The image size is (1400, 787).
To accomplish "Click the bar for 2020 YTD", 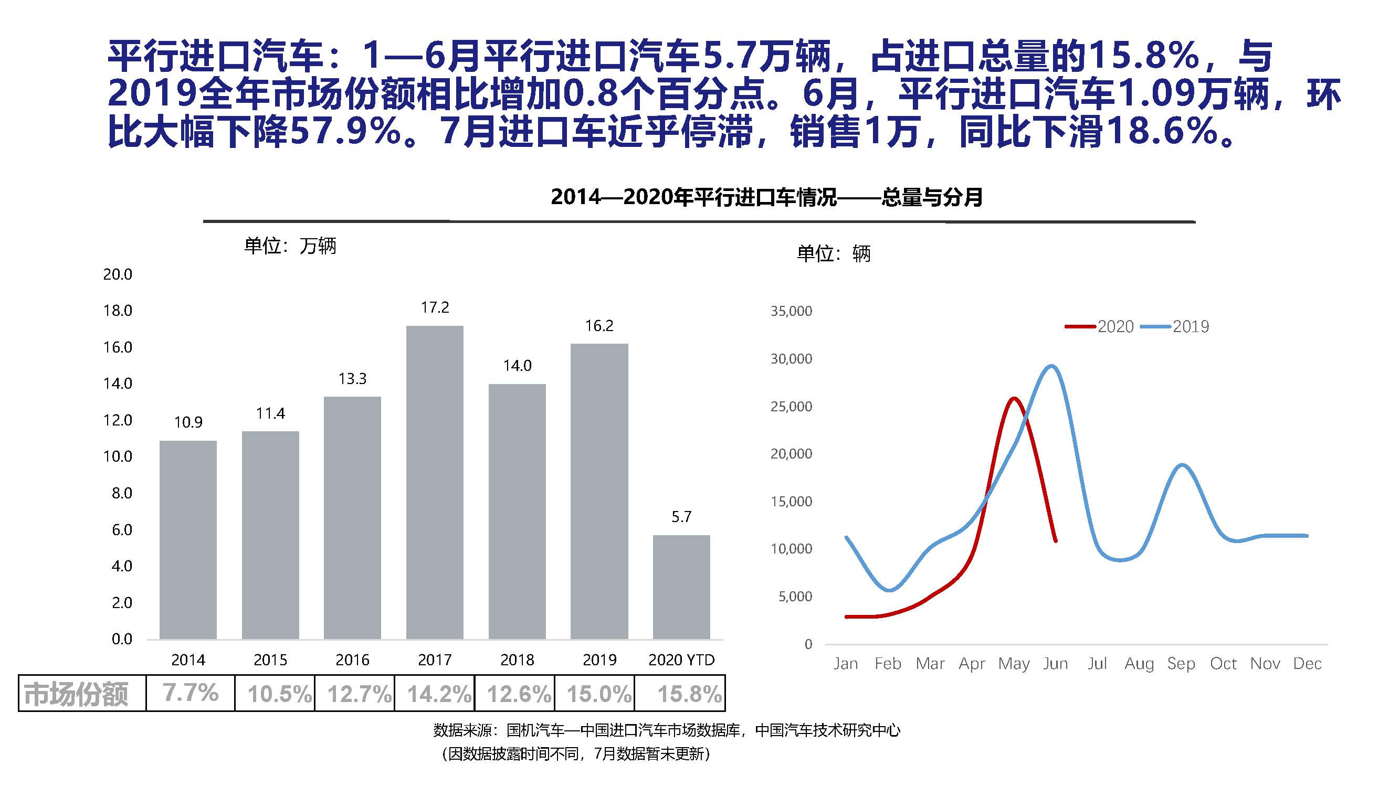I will (681, 587).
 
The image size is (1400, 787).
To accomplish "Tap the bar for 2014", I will (188, 540).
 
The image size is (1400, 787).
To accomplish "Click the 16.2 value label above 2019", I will (599, 326).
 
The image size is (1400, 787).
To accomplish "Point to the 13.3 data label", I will (352, 379).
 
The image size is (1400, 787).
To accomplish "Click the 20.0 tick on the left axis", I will (118, 274).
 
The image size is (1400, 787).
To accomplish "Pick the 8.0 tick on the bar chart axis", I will (122, 493).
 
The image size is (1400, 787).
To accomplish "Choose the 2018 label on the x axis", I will (517, 660).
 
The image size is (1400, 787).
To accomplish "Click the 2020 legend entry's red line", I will (1080, 326).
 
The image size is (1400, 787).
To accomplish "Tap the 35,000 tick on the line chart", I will (791, 311).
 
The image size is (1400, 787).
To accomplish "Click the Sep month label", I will (1181, 664).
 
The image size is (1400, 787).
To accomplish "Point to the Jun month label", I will (1056, 664).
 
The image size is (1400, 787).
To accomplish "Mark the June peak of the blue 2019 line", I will (1052, 366).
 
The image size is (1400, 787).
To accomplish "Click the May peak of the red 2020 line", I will (1014, 399).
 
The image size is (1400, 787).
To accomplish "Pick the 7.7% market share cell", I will (190, 693).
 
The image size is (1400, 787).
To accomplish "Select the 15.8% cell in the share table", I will (689, 694).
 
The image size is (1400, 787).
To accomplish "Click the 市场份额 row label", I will (76, 694).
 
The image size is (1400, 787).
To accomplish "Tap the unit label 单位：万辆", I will (290, 247).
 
